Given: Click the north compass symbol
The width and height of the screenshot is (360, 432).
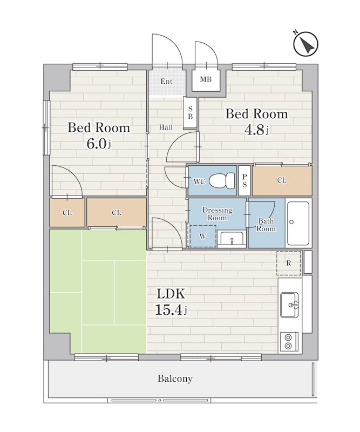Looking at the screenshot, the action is click(305, 44).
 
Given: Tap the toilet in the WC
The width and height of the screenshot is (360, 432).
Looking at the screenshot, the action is click(222, 181).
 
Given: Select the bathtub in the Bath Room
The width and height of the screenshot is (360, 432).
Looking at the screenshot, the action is click(298, 223).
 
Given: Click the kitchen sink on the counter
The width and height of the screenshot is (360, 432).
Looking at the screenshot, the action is click(289, 305).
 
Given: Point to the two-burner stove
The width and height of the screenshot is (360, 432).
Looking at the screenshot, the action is click(289, 342).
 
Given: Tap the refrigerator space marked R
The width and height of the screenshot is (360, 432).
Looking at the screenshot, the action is click(289, 263).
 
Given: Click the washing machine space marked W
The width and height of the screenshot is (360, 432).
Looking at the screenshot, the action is click(202, 236).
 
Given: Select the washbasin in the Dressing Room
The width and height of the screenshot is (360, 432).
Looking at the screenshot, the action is click(232, 239).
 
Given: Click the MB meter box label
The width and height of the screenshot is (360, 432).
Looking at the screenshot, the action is click(206, 79).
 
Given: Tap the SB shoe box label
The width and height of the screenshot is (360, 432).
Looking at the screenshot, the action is click(191, 112).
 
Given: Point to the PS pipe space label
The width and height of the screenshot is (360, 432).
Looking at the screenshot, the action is click(244, 180).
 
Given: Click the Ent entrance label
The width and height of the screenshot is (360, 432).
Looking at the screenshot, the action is click(166, 82).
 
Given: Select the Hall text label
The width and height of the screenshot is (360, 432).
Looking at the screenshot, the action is click(166, 127).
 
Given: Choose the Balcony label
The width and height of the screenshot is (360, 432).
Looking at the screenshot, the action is click(175, 379).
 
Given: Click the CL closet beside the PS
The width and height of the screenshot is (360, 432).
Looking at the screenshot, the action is click(282, 180).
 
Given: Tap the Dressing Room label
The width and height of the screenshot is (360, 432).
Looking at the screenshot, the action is click(217, 214).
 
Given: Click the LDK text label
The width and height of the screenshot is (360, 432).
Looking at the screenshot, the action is click(171, 294).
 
